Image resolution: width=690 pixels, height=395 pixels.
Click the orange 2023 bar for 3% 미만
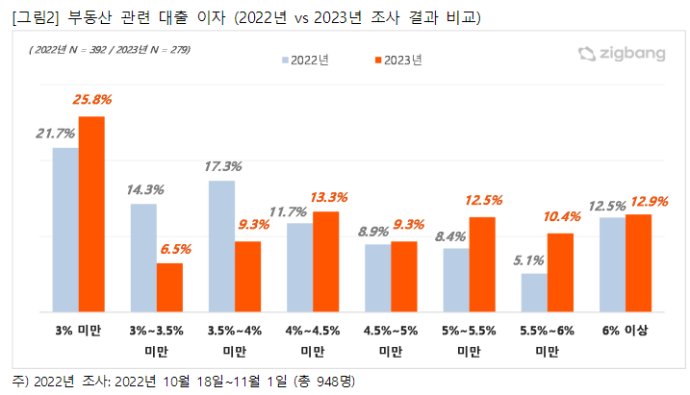91,214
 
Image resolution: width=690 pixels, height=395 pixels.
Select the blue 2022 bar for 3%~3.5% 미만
143,258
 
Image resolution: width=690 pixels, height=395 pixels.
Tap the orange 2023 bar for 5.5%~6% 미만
560,273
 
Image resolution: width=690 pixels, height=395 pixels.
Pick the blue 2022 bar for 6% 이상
612,264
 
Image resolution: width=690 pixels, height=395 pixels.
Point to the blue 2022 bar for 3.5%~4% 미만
222,246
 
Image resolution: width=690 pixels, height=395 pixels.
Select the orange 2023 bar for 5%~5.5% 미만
482,264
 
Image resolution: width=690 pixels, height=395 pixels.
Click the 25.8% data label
91,99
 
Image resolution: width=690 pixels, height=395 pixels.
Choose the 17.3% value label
222,164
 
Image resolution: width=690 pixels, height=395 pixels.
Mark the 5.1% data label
531,259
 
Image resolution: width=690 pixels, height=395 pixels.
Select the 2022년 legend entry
306,61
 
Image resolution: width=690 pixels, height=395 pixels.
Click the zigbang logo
621,54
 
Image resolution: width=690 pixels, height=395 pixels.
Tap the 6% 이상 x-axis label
625,332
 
